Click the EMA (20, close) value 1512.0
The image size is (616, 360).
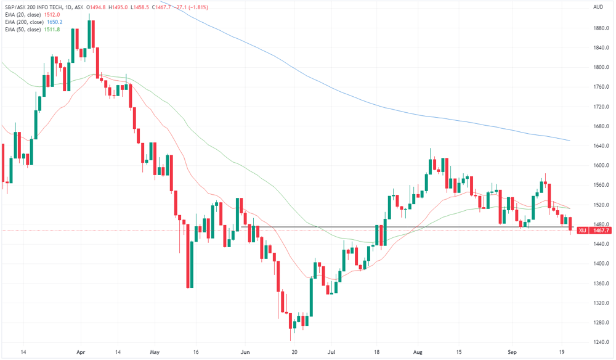52,15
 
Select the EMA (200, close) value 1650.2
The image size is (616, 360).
55,22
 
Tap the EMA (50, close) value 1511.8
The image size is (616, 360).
52,30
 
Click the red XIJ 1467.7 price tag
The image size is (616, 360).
594,231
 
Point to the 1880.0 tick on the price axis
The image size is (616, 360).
601,28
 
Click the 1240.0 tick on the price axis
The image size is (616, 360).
601,342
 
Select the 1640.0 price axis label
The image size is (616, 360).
601,146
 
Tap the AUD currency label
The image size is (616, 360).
598,7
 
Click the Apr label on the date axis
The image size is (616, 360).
81,352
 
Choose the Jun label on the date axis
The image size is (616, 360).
245,352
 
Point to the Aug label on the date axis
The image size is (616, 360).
418,352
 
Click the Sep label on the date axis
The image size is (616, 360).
512,352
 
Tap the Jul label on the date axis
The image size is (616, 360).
331,352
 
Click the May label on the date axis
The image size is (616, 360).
155,352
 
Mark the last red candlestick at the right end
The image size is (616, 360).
570,224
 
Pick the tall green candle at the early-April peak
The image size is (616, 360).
89,34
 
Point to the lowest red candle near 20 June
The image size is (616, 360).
290,321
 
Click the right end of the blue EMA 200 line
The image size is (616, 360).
570,141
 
